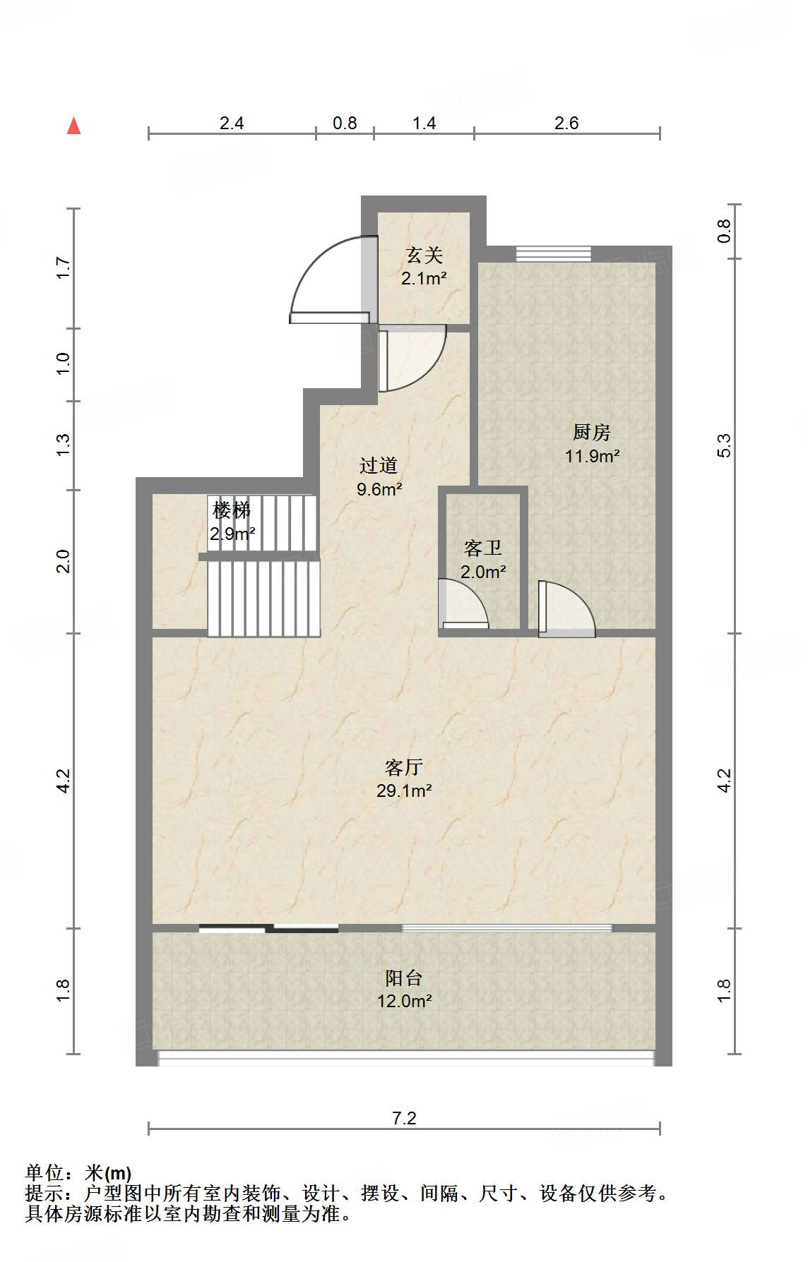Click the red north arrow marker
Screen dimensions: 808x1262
(x=73, y=126)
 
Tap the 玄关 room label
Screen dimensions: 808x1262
(x=424, y=255)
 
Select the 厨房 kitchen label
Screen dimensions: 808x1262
(x=591, y=432)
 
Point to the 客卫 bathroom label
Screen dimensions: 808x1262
(x=483, y=548)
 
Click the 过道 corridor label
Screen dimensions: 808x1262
(x=379, y=465)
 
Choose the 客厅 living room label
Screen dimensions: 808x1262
(x=404, y=767)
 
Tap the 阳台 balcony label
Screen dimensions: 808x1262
(x=404, y=978)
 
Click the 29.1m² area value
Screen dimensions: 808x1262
(x=404, y=791)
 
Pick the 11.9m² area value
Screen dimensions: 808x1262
(x=592, y=456)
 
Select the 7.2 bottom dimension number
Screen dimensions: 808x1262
(x=404, y=1118)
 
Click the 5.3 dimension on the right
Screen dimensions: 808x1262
(x=724, y=445)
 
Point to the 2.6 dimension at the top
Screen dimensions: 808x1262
(x=566, y=123)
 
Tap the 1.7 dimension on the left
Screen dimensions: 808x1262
(x=64, y=268)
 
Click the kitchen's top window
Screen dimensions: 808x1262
(x=553, y=253)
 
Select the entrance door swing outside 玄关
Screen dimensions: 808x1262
(x=329, y=280)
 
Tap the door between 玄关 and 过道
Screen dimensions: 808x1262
(x=412, y=358)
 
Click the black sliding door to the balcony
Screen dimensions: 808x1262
(x=268, y=928)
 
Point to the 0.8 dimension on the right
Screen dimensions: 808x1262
(x=724, y=231)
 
